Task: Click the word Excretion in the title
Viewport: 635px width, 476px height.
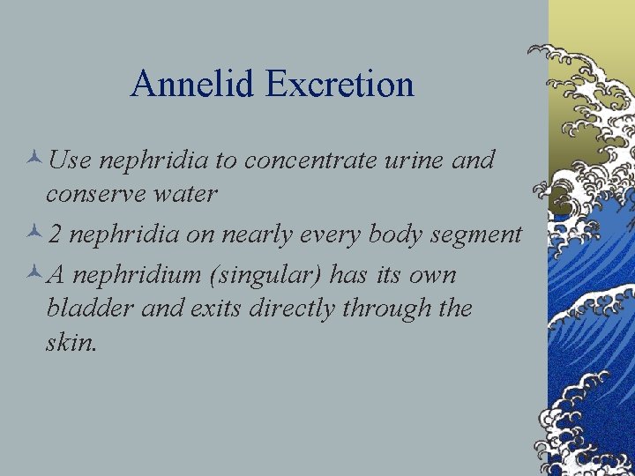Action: click(339, 85)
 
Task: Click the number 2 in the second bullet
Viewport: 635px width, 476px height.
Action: click(55, 234)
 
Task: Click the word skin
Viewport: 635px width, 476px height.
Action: click(70, 341)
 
